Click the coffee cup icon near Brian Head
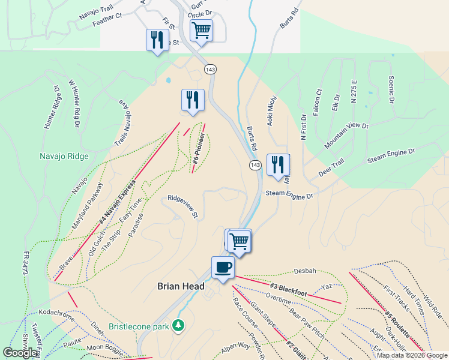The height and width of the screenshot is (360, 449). coord(223,267)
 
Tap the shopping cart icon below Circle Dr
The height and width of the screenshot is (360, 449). coord(201,29)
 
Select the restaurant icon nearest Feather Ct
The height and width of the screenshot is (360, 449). coord(157,40)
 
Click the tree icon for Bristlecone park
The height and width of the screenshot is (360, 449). coord(178,326)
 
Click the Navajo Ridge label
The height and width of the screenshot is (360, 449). coord(64,157)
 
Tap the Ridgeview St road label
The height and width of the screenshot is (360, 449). coord(184,205)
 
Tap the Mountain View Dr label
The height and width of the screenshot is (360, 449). coord(346,136)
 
